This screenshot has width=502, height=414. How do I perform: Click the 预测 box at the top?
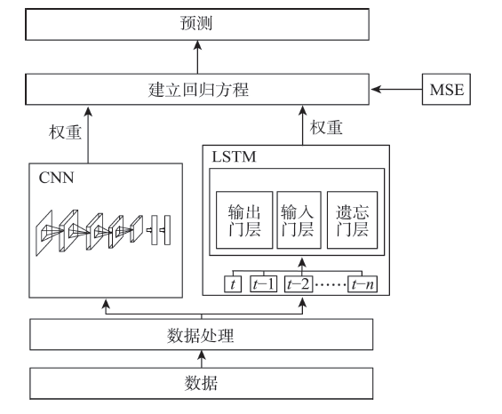197,24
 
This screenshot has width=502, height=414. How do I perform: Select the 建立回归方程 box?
197,90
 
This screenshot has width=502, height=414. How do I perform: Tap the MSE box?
446,90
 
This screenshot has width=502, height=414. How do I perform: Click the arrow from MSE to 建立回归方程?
396,90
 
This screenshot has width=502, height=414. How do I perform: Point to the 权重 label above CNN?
65,132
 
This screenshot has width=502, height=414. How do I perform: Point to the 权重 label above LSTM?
326,127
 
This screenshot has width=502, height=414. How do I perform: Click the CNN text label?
56,178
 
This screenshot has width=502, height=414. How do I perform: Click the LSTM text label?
234,157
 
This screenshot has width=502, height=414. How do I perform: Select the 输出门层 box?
244,220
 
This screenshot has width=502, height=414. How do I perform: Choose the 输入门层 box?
299,220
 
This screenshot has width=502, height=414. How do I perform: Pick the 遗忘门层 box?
352,220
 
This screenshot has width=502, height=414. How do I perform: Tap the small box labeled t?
233,284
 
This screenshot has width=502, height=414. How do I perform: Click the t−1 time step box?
264,284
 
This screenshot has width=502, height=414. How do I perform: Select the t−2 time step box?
299,284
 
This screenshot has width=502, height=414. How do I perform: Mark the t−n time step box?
363,284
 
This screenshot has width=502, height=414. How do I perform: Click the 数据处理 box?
202,334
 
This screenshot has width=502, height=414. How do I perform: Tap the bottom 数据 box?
202,383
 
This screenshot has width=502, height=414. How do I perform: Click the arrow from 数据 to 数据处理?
202,359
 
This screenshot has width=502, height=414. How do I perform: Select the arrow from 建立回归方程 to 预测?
197,57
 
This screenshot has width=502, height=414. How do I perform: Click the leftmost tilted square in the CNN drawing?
44,233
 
